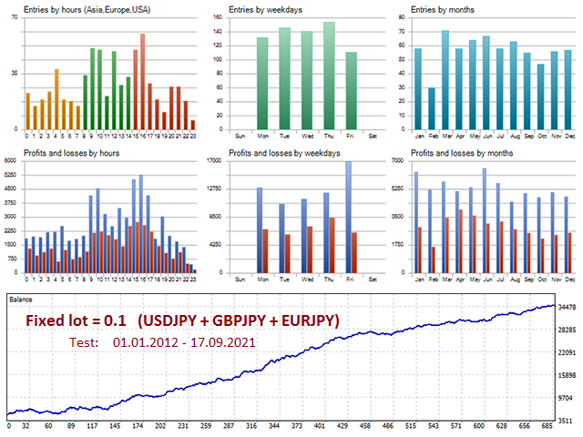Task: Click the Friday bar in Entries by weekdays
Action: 352,91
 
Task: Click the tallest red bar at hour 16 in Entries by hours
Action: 143,82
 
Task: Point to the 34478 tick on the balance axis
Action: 565,307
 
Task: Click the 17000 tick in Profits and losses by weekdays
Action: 214,161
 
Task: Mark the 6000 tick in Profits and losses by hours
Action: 10,161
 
